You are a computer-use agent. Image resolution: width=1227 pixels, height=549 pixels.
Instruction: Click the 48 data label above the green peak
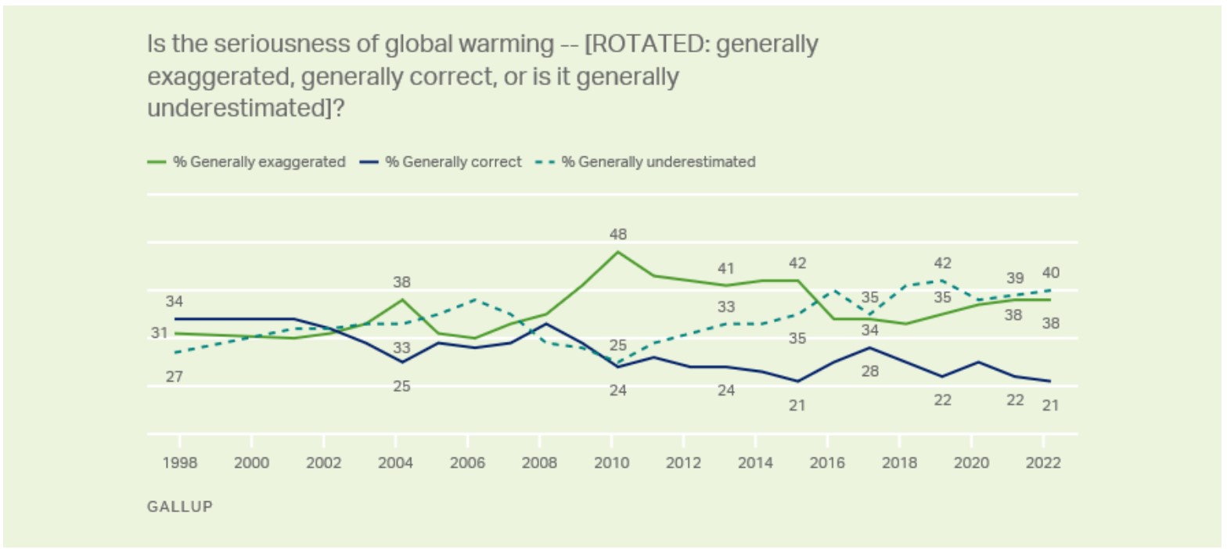(x=618, y=234)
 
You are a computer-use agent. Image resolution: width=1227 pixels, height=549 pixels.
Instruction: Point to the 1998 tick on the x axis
(x=179, y=462)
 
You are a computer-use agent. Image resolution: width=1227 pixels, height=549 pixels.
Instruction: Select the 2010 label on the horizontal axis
(x=611, y=462)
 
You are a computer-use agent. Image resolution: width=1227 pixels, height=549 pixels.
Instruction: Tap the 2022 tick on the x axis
(x=1044, y=462)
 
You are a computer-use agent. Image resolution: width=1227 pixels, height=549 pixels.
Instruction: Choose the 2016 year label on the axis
(x=828, y=462)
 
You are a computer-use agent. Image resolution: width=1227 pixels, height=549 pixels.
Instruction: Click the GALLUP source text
(x=179, y=506)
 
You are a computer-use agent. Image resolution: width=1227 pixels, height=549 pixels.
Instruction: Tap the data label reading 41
(x=726, y=269)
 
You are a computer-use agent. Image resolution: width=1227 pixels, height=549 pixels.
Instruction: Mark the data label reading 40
(x=1049, y=273)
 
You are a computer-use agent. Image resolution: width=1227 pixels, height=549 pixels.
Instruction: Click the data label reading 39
(x=1014, y=278)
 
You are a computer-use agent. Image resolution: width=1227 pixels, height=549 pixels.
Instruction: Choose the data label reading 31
(x=160, y=333)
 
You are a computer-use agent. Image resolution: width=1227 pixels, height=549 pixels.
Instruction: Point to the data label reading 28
(x=869, y=371)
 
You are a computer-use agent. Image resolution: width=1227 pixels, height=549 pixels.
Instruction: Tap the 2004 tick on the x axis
(x=395, y=462)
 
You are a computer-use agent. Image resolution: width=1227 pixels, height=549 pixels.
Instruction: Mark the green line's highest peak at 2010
(x=617, y=252)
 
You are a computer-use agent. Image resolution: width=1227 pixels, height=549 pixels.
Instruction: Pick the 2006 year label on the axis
(x=467, y=462)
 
